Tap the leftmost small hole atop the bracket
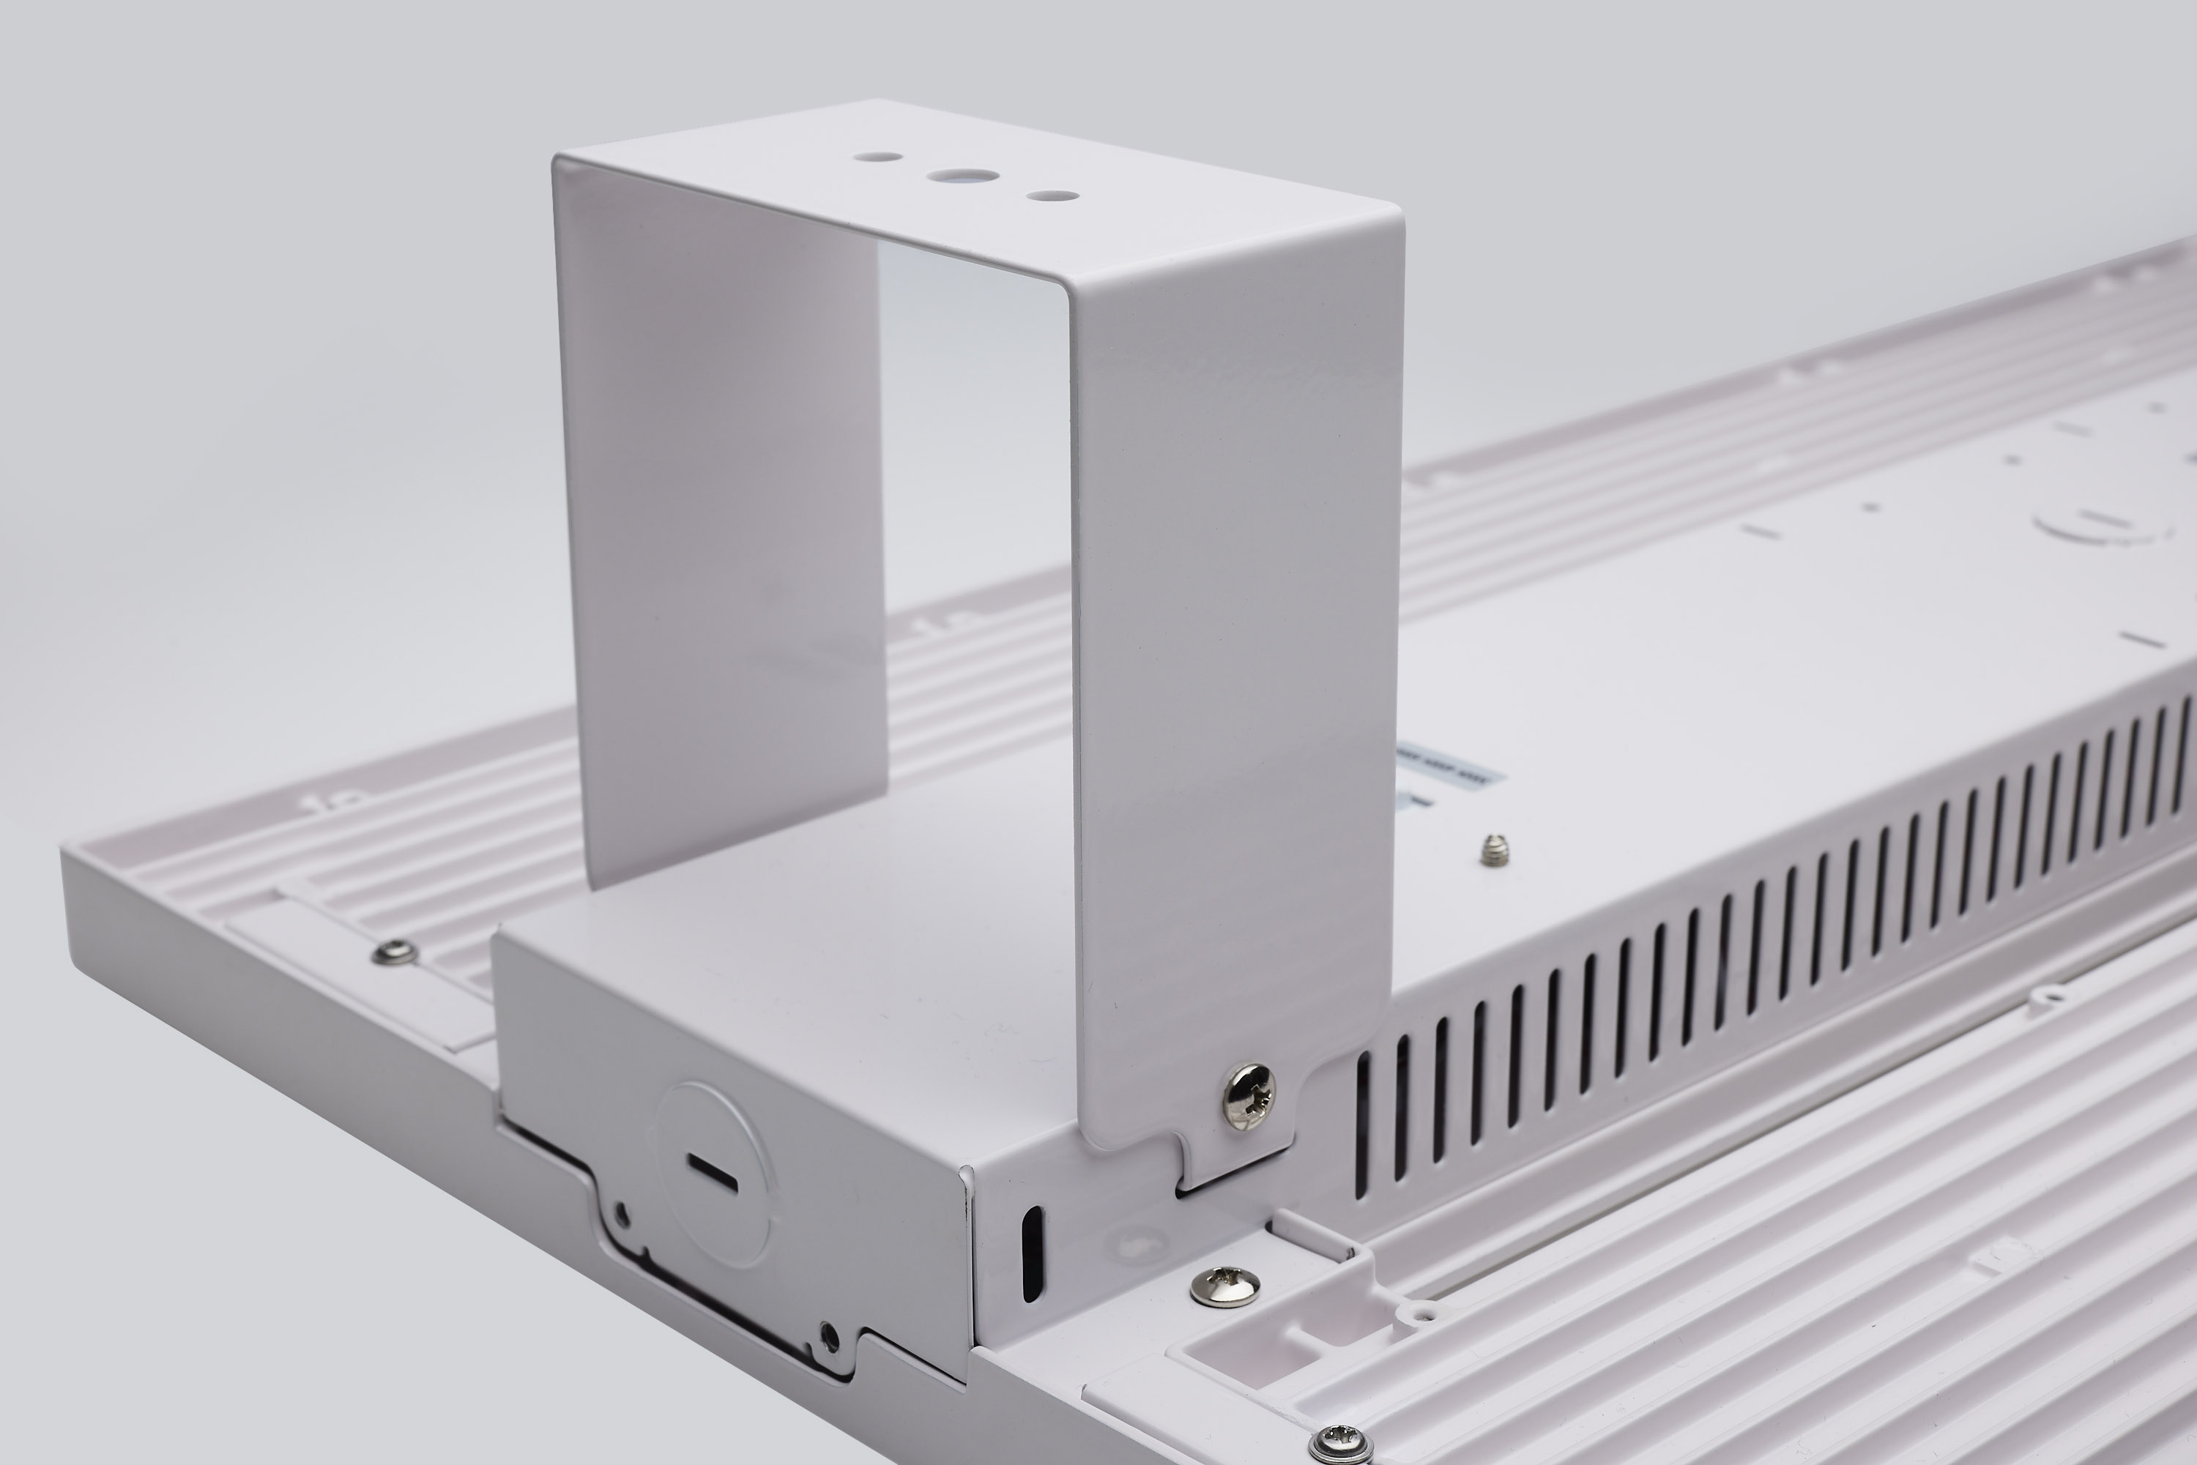click(882, 158)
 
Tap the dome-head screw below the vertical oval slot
click(1225, 1286)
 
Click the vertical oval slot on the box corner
click(1030, 1252)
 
